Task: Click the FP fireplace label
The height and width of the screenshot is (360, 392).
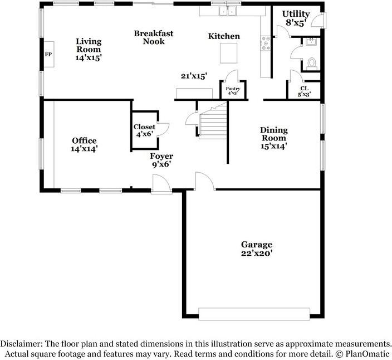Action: tap(48, 54)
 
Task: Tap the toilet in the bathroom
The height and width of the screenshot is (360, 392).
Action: tap(311, 64)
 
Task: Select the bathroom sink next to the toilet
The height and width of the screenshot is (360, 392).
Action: tap(311, 42)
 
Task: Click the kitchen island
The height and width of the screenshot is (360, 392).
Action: tap(228, 53)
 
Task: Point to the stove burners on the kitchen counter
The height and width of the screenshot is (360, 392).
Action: tap(266, 43)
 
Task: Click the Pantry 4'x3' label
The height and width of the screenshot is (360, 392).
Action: tap(233, 91)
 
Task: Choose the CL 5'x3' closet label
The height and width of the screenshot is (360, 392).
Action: tap(304, 91)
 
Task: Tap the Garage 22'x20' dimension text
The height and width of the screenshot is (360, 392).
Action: tap(257, 253)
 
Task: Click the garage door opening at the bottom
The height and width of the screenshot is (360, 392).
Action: tap(254, 314)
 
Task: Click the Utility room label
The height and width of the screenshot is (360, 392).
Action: tap(296, 14)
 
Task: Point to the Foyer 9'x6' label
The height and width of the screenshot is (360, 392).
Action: tap(161, 160)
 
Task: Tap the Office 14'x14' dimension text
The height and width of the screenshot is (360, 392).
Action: tap(84, 149)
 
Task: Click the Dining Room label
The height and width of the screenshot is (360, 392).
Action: tap(274, 134)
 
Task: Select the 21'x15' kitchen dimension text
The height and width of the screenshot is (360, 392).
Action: tap(194, 76)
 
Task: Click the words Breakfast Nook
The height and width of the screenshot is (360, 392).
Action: tap(154, 37)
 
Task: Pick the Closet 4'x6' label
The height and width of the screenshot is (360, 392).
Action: tap(145, 130)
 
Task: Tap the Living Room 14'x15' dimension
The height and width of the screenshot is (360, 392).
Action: tap(89, 58)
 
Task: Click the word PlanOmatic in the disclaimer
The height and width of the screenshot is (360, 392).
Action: tap(367, 354)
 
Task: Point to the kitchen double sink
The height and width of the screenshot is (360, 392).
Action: tap(228, 11)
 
